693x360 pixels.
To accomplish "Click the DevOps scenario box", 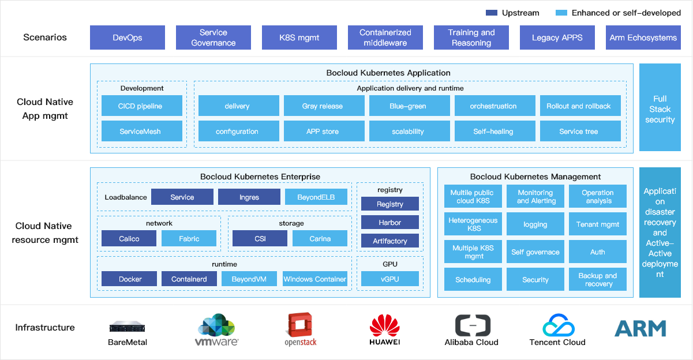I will (128, 37).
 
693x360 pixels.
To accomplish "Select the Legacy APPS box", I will (557, 37).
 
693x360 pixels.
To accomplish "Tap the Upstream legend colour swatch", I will (492, 13).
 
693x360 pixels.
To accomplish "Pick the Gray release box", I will (323, 106).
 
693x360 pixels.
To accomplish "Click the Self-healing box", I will (493, 132).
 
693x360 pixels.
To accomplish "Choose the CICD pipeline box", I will (140, 106).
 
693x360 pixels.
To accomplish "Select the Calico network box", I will (129, 239).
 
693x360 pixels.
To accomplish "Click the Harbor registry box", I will (390, 223).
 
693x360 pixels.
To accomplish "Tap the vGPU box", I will (390, 279).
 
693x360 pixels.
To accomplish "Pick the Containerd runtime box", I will (189, 279).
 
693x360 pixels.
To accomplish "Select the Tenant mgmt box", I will (598, 224).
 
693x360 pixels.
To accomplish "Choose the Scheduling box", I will (473, 280).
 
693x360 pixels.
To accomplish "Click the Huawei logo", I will (385, 328).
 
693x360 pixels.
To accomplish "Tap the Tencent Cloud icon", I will (558, 325).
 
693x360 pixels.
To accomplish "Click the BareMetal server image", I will (128, 327).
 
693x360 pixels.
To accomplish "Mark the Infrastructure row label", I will (45, 328).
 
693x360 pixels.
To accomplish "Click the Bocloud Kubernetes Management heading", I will (535, 177).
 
